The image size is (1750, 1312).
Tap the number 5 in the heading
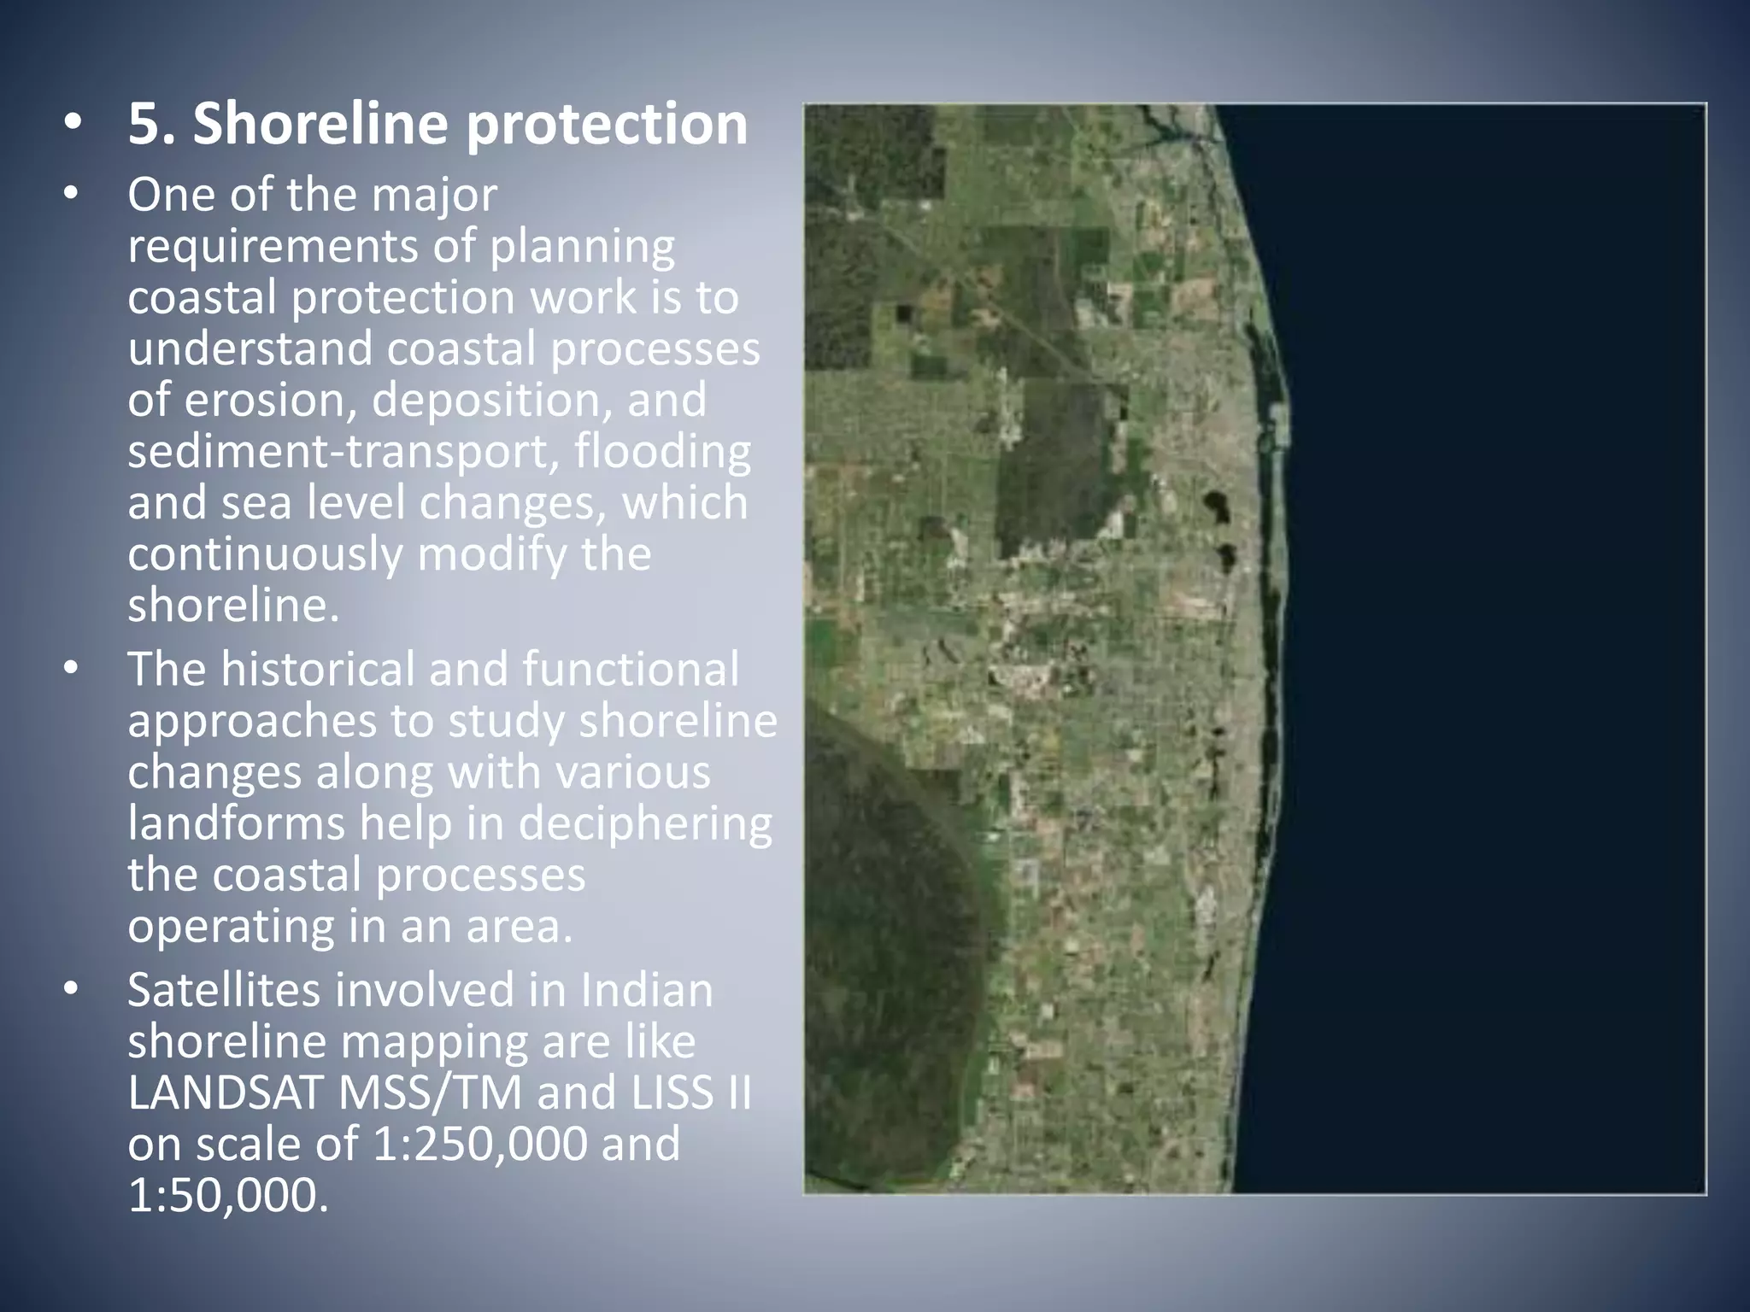[x=144, y=125]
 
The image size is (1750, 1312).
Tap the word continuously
[x=265, y=554]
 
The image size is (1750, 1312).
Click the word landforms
[x=236, y=823]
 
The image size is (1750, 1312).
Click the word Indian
[x=647, y=991]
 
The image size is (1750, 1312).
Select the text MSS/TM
[x=430, y=1093]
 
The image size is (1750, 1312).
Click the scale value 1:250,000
[x=481, y=1145]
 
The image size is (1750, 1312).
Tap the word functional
[x=630, y=669]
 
